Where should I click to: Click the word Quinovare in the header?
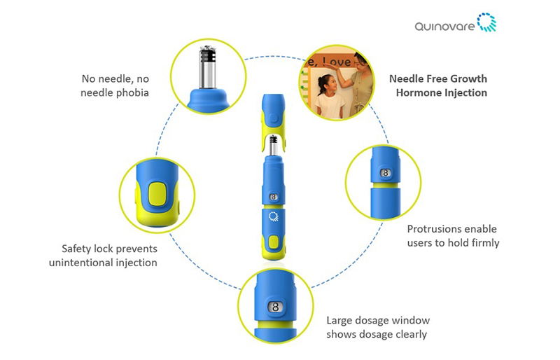(444, 26)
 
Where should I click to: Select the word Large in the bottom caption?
(340, 320)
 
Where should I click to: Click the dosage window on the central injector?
(274, 198)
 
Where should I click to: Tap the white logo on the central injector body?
(274, 219)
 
